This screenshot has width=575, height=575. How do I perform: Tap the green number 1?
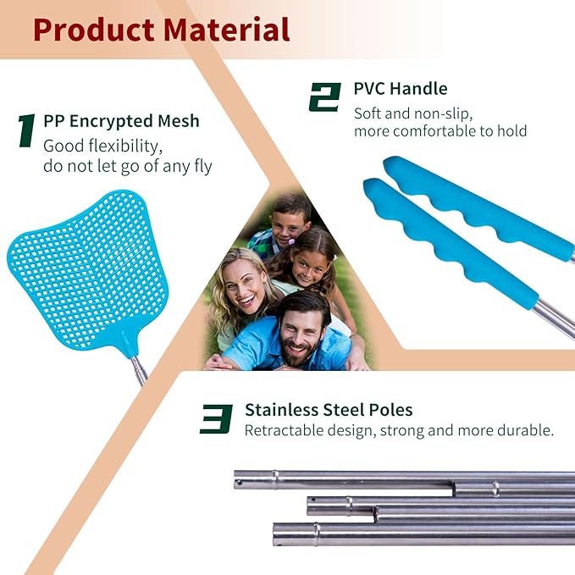(x=26, y=130)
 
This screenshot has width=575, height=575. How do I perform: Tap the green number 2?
(x=324, y=97)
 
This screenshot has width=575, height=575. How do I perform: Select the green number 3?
(x=216, y=418)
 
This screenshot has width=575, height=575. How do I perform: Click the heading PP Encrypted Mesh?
(x=121, y=121)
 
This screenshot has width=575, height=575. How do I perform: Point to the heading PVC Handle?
(x=400, y=89)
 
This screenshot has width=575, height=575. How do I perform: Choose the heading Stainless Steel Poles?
(x=329, y=410)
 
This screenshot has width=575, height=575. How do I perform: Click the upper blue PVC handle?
(x=474, y=207)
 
